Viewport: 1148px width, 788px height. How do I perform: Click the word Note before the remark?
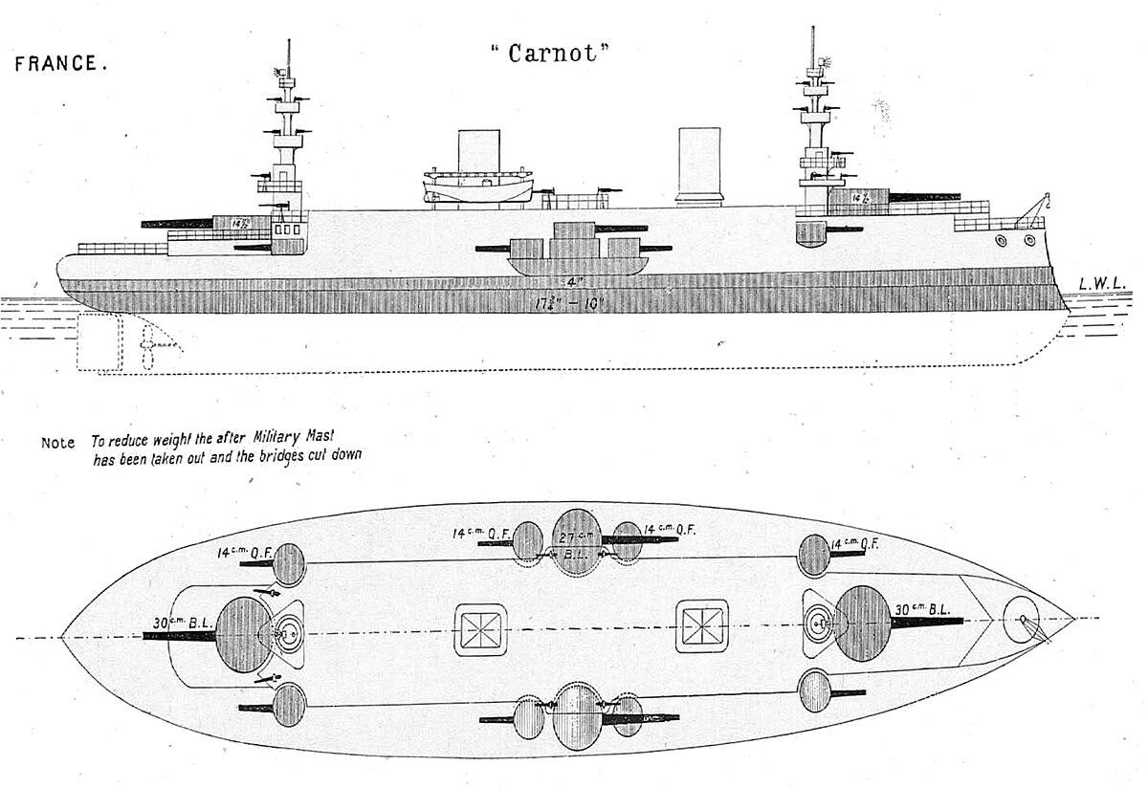pos(57,443)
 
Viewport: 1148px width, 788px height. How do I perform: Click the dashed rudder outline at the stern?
pos(99,344)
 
